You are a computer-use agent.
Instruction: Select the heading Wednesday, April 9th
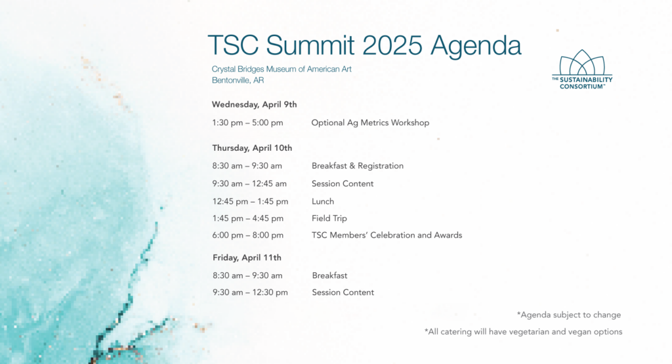[x=254, y=104]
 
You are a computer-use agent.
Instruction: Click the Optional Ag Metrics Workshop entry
[x=370, y=123]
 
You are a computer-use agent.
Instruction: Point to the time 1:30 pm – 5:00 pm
[x=247, y=123]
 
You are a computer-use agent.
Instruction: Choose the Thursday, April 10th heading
[x=252, y=148]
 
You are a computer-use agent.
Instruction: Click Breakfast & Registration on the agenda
[x=358, y=166]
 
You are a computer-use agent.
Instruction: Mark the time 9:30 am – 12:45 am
[x=249, y=184]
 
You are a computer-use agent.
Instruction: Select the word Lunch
[x=323, y=201]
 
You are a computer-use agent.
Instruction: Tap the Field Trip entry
[x=329, y=218]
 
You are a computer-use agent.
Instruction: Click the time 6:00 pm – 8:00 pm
[x=247, y=235]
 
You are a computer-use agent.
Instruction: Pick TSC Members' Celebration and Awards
[x=387, y=235]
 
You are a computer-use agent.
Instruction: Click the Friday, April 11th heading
[x=247, y=258]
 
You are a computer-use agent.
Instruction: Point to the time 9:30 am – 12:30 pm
[x=250, y=293]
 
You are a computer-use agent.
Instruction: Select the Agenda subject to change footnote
[x=569, y=315]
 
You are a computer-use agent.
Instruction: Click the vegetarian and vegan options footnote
[x=523, y=332]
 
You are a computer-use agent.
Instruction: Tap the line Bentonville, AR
[x=238, y=81]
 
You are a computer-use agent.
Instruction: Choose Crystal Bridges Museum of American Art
[x=282, y=70]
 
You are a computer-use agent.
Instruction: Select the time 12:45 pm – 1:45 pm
[x=250, y=201]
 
